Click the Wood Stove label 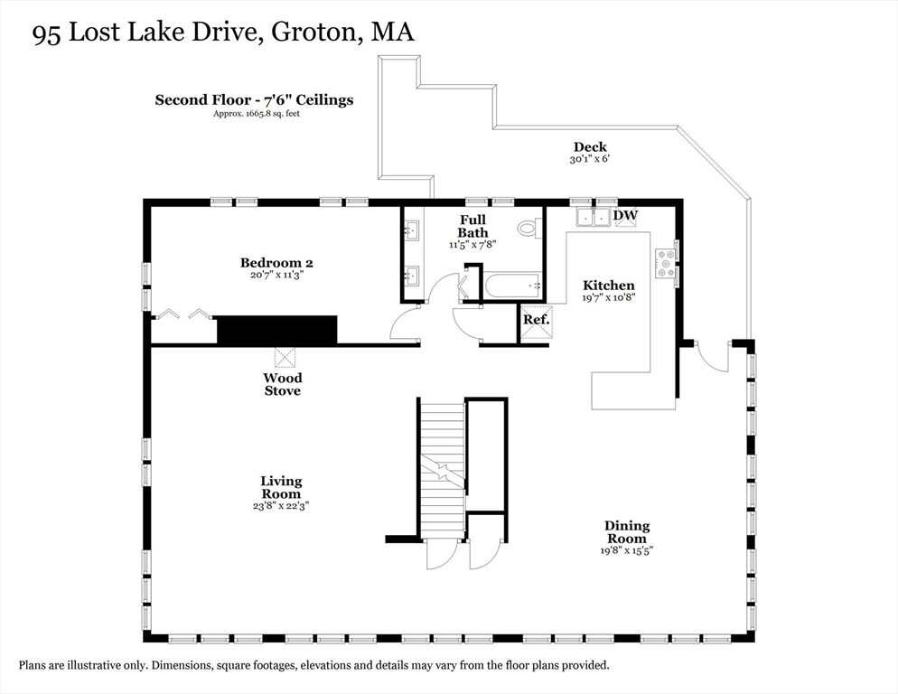283,385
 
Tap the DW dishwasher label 625,215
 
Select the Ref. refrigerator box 537,321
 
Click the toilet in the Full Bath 528,229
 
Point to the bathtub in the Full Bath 513,285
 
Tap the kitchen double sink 594,218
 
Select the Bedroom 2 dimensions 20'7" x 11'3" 276,275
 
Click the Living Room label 281,488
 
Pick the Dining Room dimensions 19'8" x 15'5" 627,550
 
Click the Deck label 590,146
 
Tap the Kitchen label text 609,286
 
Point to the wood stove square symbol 285,357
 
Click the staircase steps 443,471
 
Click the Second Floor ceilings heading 254,99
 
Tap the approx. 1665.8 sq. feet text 257,114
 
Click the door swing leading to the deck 712,357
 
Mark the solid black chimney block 276,330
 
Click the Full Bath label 472,227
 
